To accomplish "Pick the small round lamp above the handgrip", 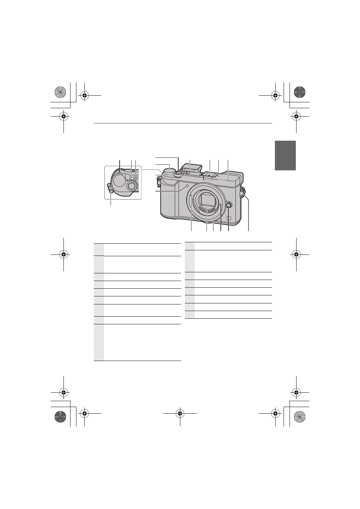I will tap(188, 186).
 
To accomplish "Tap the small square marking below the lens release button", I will tap(229, 219).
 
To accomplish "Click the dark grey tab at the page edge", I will tap(285, 155).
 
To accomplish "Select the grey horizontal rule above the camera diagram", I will tap(182, 123).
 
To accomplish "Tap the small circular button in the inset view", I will tap(136, 178).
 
